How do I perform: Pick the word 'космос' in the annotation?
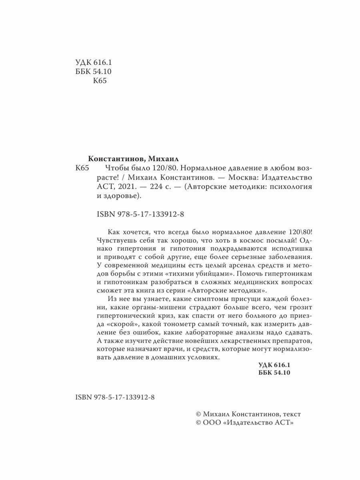click(x=231, y=242)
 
